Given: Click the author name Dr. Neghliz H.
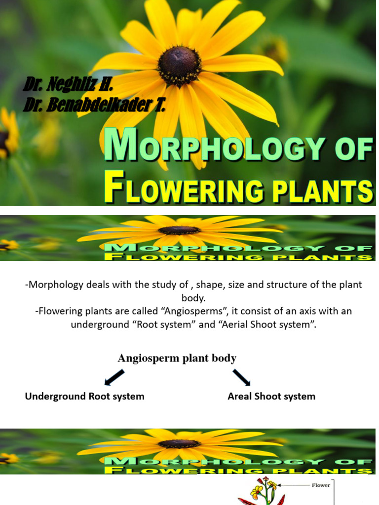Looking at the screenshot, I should pyautogui.click(x=69, y=85).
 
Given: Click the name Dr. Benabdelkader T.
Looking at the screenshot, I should pyautogui.click(x=94, y=105).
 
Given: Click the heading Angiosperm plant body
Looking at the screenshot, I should pyautogui.click(x=177, y=358).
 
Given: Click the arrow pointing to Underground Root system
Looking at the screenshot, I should pyautogui.click(x=114, y=377).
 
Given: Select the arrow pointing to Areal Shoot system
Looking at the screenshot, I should pyautogui.click(x=241, y=377).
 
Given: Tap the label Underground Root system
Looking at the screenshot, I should pyautogui.click(x=85, y=397).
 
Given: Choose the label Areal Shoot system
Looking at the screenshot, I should pyautogui.click(x=271, y=397).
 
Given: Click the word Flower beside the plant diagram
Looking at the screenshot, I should pyautogui.click(x=321, y=485).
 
